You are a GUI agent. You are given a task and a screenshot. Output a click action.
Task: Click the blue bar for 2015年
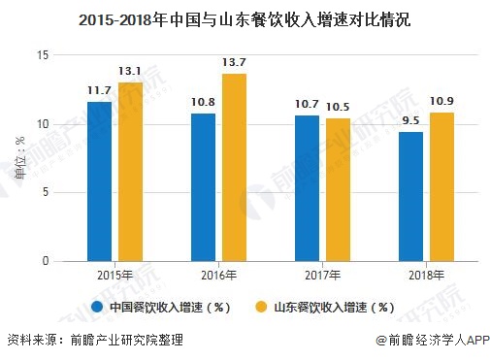pos(99,181)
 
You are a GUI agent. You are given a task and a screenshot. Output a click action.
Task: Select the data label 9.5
pos(410,120)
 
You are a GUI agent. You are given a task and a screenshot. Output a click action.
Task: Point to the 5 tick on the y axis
pos(45,192)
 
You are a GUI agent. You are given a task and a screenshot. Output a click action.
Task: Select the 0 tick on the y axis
pos(45,261)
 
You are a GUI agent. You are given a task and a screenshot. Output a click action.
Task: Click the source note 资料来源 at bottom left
pos(94,342)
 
